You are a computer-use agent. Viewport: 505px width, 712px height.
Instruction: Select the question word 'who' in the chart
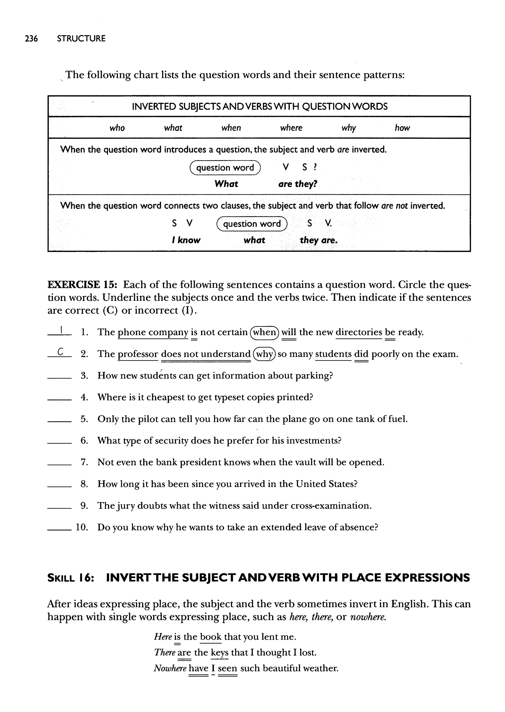[x=117, y=128]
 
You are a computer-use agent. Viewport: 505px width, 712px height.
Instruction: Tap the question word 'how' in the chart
[x=402, y=128]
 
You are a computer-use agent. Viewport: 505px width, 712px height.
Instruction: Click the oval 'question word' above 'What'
[x=225, y=168]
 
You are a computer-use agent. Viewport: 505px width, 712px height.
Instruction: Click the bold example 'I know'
[x=186, y=240]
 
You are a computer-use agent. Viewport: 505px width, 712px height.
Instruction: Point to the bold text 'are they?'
[x=298, y=184]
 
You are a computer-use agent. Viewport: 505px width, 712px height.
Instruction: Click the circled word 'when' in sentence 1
[x=265, y=332]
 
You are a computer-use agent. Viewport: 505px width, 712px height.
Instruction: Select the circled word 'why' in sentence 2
[x=264, y=354]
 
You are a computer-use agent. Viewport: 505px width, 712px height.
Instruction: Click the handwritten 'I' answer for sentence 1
[x=62, y=329]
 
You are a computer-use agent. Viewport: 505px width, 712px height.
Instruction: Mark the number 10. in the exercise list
[x=82, y=527]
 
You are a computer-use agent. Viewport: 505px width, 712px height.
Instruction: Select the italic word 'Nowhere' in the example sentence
[x=170, y=668]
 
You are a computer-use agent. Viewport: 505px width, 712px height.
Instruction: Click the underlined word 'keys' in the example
[x=219, y=652]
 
